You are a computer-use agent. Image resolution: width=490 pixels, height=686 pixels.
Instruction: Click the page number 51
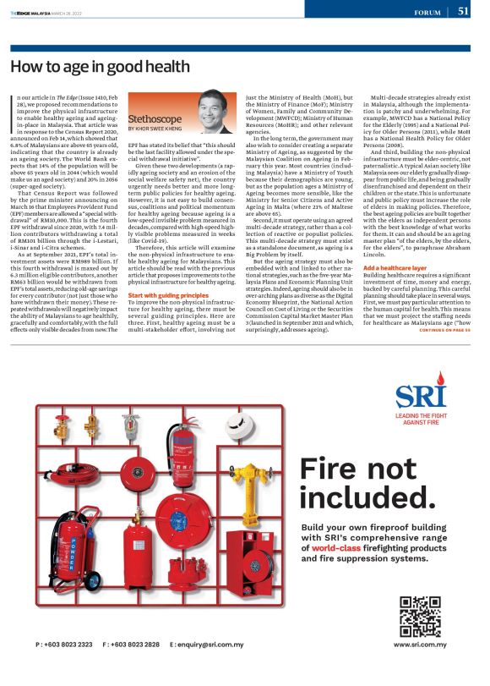click(x=464, y=11)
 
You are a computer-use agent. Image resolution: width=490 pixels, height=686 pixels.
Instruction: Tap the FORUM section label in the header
click(x=428, y=13)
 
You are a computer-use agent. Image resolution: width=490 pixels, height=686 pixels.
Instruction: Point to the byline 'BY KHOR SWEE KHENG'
click(x=160, y=131)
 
